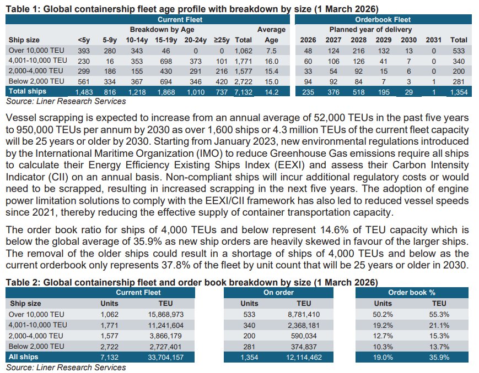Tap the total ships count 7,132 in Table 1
tap(244, 92)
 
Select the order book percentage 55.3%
tap(439, 314)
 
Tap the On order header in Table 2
tap(278, 293)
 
